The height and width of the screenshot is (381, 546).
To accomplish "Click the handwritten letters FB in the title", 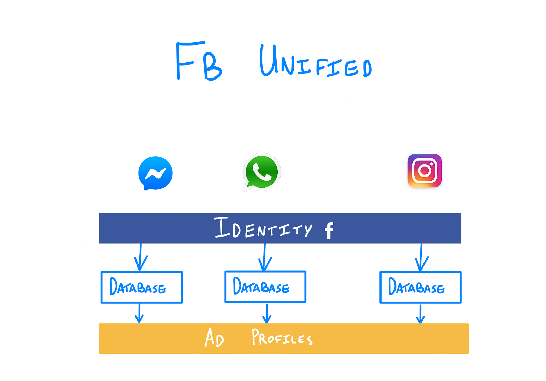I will coord(199,61).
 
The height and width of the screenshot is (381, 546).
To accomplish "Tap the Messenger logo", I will coord(156,173).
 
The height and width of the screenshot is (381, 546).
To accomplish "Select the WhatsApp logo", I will coord(262,172).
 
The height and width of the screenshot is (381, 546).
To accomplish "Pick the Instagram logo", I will coord(425,170).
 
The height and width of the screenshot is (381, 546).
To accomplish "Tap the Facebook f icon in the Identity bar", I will coord(329,230).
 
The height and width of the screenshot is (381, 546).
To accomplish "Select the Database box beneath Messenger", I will coord(142,287).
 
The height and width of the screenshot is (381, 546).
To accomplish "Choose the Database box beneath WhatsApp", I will coord(265,287).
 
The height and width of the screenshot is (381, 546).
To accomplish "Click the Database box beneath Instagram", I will coord(420,287).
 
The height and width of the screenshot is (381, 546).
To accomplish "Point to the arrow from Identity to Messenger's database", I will coord(140,258).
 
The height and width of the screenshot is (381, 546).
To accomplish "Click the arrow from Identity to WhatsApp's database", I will coord(265,258).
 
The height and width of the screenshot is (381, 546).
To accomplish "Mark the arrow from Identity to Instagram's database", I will coord(421,258).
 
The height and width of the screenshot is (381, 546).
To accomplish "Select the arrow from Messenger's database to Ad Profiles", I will coord(139,313).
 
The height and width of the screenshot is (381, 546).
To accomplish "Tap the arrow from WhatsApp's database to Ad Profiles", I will coord(267,313).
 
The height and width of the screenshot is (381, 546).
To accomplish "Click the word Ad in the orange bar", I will coord(214,338).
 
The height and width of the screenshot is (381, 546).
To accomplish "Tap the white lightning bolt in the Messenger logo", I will coord(155,174).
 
